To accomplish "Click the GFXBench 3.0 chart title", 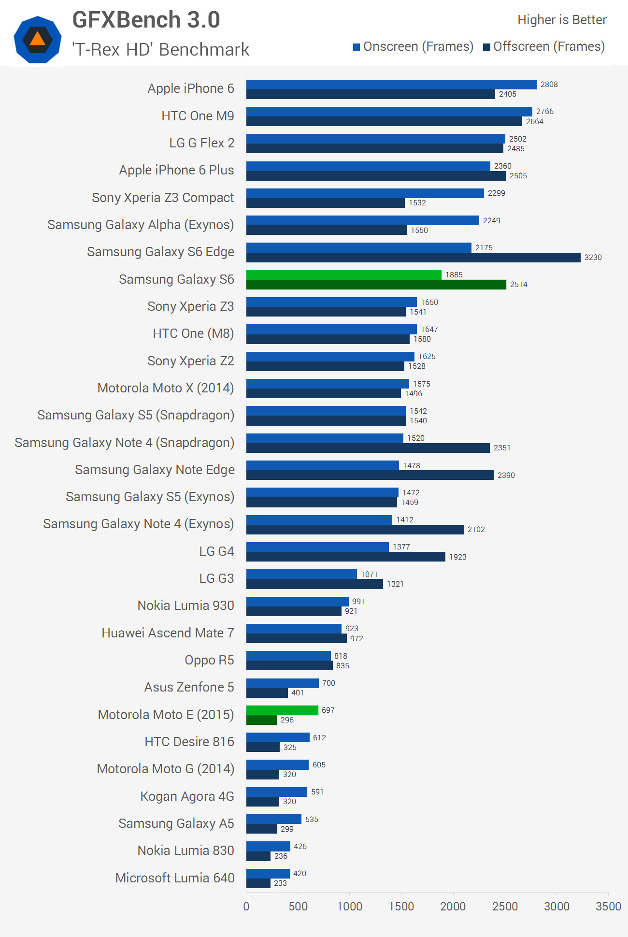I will pyautogui.click(x=146, y=20).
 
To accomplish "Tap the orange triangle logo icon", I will pyautogui.click(x=37, y=39).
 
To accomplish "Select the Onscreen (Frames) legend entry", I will pyautogui.click(x=413, y=47).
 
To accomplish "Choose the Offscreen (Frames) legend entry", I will pyautogui.click(x=544, y=47).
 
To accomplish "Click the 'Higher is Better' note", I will pyautogui.click(x=561, y=20).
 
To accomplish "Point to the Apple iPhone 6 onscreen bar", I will pyautogui.click(x=391, y=85).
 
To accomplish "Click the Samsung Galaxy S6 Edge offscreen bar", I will pyautogui.click(x=413, y=258).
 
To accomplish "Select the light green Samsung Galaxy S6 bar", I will pyautogui.click(x=343, y=275).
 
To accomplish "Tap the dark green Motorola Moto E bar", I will pyautogui.click(x=261, y=720).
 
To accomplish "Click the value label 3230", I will pyautogui.click(x=593, y=258).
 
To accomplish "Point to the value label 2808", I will pyautogui.click(x=549, y=85).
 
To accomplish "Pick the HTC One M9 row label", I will pyautogui.click(x=198, y=116).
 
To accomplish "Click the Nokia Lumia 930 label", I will pyautogui.click(x=186, y=605).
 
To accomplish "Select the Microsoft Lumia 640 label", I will pyautogui.click(x=174, y=878).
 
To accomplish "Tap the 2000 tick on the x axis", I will pyautogui.click(x=453, y=907).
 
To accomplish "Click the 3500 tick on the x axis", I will pyautogui.click(x=608, y=907).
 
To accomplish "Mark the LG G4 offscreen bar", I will pyautogui.click(x=345, y=557).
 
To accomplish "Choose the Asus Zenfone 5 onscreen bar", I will pyautogui.click(x=282, y=683).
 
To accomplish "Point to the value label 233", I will pyautogui.click(x=280, y=883).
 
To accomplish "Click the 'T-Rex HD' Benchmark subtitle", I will pyautogui.click(x=160, y=49).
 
